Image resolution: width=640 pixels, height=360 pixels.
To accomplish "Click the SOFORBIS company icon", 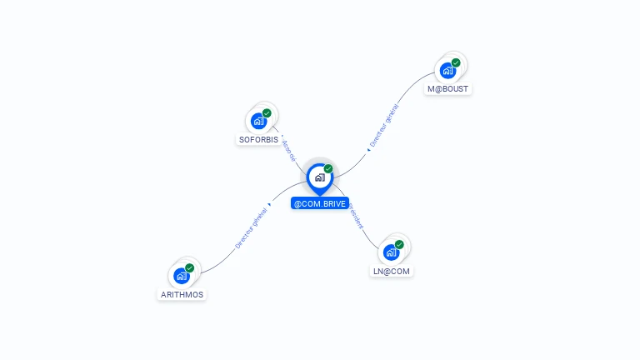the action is click(x=259, y=122).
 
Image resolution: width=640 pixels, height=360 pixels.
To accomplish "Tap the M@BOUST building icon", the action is click(x=447, y=71).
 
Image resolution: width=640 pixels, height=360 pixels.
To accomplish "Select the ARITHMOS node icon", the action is click(x=182, y=276).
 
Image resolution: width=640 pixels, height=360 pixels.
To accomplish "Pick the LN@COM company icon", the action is click(x=391, y=252).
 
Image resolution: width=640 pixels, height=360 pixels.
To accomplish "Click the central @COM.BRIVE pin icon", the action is click(x=319, y=177).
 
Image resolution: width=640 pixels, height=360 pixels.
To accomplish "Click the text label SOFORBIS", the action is click(x=258, y=139).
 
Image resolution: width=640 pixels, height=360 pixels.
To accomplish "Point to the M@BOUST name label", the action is click(x=447, y=88).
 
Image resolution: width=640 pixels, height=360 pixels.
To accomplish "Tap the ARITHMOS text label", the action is click(x=182, y=294).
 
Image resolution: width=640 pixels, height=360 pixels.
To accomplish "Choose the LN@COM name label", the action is click(x=391, y=271).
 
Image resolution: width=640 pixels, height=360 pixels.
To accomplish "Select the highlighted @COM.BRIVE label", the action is click(x=320, y=203).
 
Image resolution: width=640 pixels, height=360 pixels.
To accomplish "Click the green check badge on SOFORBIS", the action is click(x=267, y=113).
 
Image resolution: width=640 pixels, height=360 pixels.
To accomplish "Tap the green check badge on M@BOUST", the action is click(x=456, y=62).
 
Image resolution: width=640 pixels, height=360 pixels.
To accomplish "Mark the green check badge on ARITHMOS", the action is click(x=190, y=267).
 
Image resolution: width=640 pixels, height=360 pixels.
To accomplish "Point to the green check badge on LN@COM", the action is click(x=399, y=244).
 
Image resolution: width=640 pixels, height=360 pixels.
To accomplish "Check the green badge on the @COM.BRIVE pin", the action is click(x=328, y=168).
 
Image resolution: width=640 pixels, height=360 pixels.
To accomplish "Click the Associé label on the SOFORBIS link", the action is click(x=288, y=149).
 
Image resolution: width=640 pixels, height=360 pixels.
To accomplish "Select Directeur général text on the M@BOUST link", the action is click(x=384, y=126).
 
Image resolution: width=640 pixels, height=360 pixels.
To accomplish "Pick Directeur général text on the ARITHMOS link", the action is click(x=251, y=230).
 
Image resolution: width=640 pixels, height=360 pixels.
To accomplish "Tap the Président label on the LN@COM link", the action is click(x=357, y=216).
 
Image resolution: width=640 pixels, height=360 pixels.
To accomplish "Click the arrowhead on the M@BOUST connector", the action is click(x=368, y=150).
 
